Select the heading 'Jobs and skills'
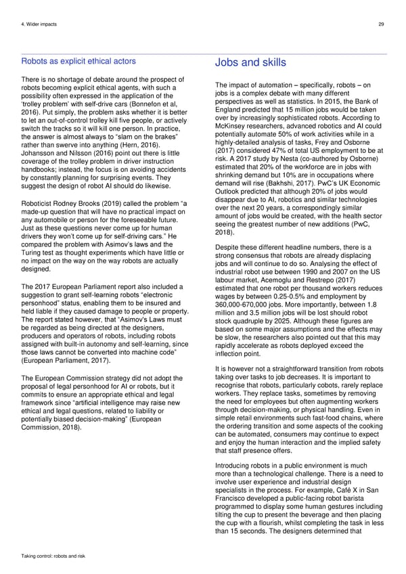(250, 63)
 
